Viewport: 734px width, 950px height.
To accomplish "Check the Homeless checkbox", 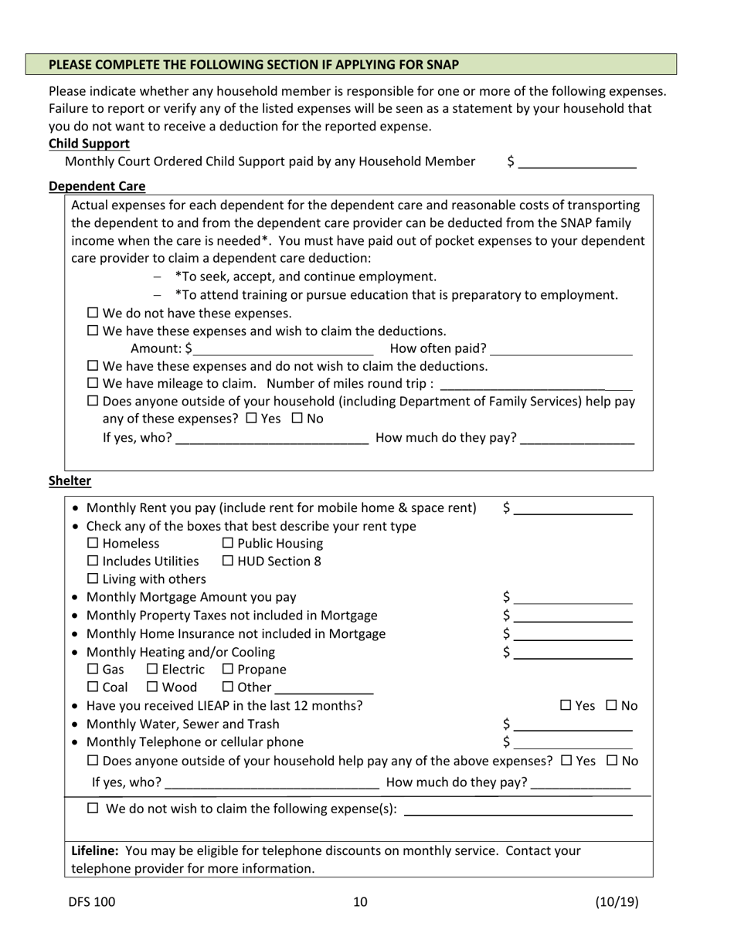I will (93, 543).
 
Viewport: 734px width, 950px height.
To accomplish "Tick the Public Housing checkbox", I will (228, 543).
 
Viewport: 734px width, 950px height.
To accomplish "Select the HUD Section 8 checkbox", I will (228, 561).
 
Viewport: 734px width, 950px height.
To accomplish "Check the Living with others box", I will (93, 578).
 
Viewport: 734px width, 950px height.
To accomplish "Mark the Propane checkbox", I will (228, 669).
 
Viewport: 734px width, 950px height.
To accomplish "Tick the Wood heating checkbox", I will (152, 687).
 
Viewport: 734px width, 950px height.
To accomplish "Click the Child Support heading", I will (89, 144).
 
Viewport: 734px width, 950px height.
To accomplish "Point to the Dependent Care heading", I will (97, 186).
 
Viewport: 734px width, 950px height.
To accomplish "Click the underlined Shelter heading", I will (70, 480).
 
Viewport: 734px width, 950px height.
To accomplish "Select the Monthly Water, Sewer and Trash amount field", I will (573, 724).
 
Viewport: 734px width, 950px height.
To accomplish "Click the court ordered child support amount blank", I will (577, 161).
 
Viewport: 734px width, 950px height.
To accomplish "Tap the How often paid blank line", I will (561, 348).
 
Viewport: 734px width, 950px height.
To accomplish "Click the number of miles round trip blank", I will (535, 384).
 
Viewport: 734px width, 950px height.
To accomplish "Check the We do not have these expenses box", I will (93, 313).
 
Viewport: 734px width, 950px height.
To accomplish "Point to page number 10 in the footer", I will (360, 901).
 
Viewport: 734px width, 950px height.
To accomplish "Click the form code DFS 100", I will (92, 901).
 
